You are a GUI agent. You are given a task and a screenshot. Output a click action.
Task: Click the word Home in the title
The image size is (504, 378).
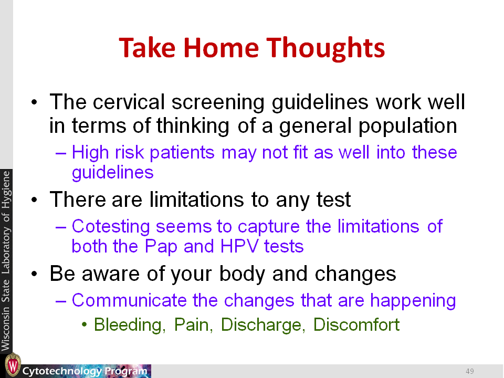pos(221,48)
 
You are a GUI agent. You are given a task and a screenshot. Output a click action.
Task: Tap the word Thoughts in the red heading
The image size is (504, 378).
pos(325,48)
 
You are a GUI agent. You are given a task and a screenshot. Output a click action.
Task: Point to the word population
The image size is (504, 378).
pos(407,126)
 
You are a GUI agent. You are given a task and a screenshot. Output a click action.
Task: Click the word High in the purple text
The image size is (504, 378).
pos(90,152)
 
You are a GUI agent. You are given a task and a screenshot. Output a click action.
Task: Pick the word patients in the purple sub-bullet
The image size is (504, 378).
pos(182,152)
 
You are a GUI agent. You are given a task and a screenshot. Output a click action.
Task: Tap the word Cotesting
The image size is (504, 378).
pos(111,227)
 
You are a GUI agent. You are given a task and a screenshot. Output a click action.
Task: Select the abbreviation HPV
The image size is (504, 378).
pos(239,246)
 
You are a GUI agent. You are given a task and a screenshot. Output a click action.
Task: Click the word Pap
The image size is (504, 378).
pos(161,247)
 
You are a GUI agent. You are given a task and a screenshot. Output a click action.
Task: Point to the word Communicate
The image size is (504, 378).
pos(129,300)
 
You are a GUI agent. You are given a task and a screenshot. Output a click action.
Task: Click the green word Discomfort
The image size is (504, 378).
pos(356,324)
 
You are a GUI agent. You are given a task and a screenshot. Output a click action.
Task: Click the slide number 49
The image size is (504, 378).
pos(469,371)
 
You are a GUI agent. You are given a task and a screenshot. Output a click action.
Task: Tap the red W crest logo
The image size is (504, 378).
pos(13,365)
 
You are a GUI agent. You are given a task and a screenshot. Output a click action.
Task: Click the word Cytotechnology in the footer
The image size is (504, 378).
pos(62,371)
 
